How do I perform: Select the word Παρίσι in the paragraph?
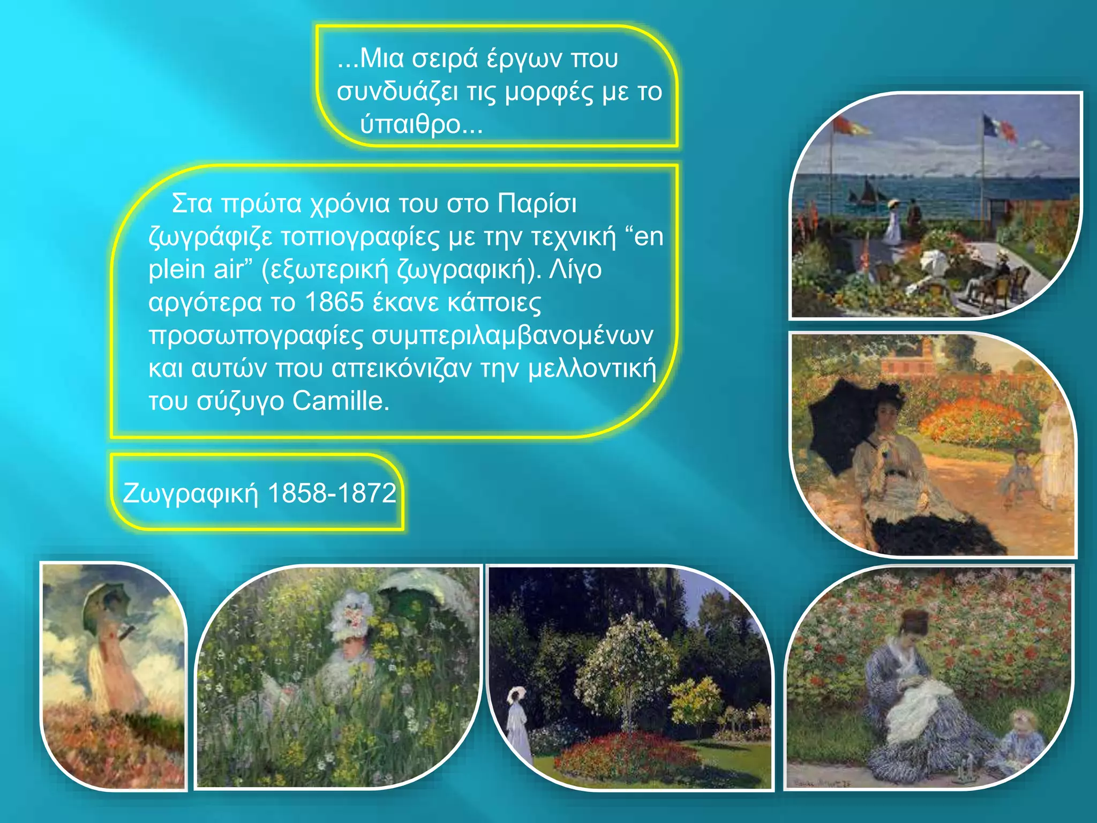click(537, 204)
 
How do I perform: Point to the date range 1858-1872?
click(332, 493)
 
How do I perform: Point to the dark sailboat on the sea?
click(867, 192)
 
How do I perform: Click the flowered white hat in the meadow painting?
click(351, 616)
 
